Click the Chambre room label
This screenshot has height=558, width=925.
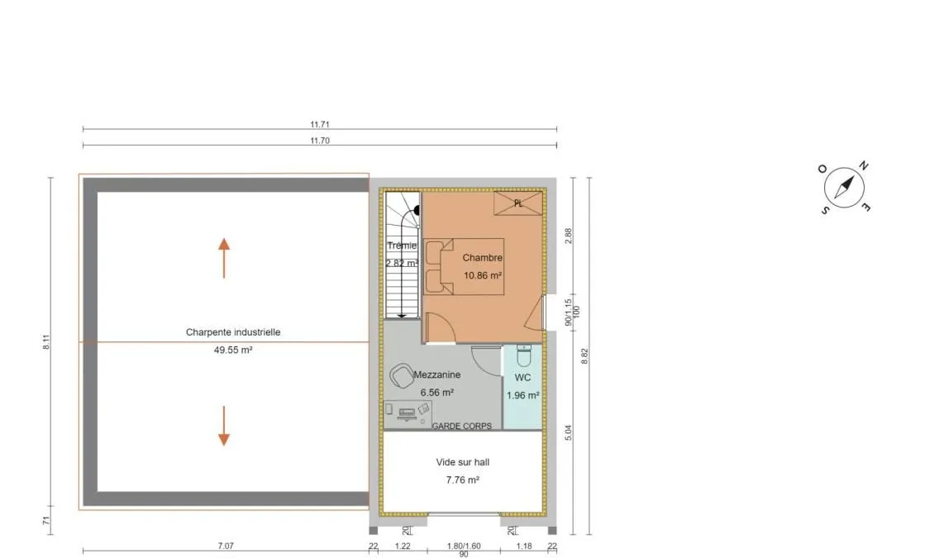click(483, 258)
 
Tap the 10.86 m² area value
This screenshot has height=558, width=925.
click(483, 275)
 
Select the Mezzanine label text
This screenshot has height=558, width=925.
click(437, 374)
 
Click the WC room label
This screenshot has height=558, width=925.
click(522, 378)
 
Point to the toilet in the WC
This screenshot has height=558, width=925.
click(524, 355)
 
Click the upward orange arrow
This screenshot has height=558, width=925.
click(223, 258)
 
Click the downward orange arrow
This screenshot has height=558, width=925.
click(223, 425)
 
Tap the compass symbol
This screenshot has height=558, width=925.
click(844, 188)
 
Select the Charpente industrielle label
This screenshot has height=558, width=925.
click(233, 332)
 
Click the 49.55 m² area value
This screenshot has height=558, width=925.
click(233, 350)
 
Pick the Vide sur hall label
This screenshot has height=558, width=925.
click(463, 462)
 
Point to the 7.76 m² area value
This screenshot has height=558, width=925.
click(463, 480)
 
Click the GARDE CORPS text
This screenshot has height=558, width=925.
click(462, 426)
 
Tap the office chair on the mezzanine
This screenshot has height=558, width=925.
click(402, 376)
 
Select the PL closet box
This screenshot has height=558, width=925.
click(518, 203)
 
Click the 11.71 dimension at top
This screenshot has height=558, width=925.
click(320, 125)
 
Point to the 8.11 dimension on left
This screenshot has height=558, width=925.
click(46, 342)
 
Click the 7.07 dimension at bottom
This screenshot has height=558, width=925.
click(226, 546)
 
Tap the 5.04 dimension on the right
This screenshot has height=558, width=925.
click(568, 432)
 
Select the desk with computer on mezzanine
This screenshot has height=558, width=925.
click(408, 413)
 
